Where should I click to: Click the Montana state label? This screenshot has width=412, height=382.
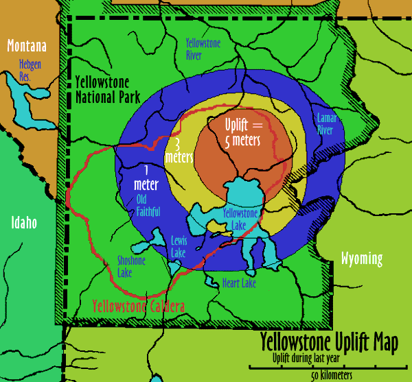coord(27,46)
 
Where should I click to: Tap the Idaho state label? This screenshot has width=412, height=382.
coord(23,223)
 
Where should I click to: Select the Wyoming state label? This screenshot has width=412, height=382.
coord(360,258)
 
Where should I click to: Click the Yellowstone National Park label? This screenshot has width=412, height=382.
coord(108,88)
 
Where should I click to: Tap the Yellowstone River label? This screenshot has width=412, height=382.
coord(203,49)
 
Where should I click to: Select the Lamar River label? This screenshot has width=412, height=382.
coord(325,124)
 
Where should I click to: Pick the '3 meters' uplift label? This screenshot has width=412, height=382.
coord(178,152)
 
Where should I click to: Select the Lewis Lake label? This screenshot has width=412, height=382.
coord(178,246)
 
